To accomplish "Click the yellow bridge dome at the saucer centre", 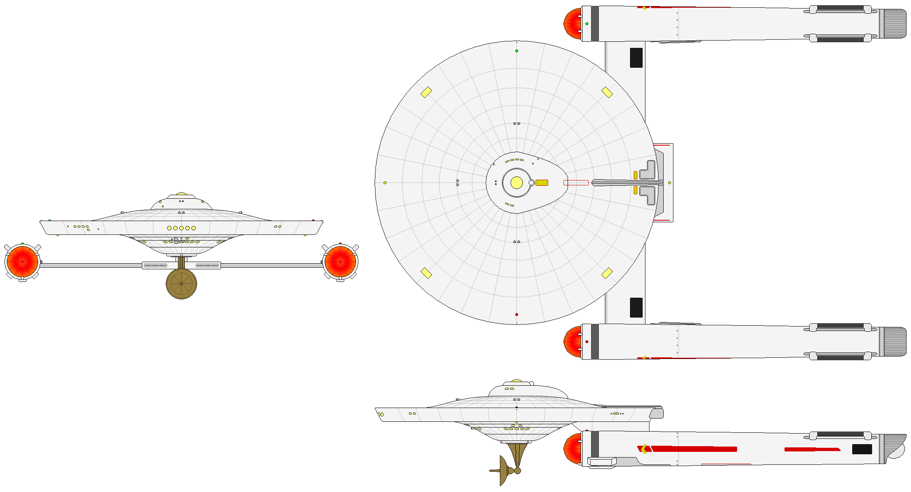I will click(x=517, y=183).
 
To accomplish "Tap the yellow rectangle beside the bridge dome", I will click(x=542, y=183).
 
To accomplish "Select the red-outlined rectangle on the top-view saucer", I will click(x=576, y=183).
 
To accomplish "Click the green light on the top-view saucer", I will click(x=517, y=51).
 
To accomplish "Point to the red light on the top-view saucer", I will click(x=517, y=314).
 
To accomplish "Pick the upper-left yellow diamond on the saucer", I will click(x=426, y=92).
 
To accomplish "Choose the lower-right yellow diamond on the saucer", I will click(x=607, y=273).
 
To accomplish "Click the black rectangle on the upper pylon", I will click(x=636, y=58).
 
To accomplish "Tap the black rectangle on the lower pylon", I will click(x=636, y=307).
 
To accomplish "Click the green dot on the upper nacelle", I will click(x=587, y=24).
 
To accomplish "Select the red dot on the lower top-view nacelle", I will click(x=587, y=342).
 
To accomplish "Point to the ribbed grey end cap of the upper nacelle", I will click(x=892, y=24).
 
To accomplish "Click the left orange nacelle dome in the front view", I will click(x=23, y=262).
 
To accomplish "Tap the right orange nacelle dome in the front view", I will click(x=340, y=262).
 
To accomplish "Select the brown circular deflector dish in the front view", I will click(x=181, y=284).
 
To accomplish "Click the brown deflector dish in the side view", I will click(x=504, y=471).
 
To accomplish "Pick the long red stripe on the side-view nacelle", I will click(x=693, y=449).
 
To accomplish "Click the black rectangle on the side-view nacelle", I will click(x=862, y=449).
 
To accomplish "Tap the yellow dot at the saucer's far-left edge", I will click(x=385, y=183).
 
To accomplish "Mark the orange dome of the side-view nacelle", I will click(x=572, y=448).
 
